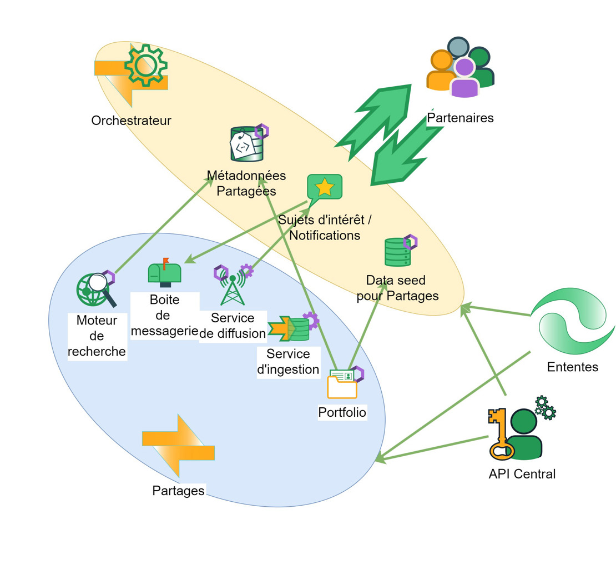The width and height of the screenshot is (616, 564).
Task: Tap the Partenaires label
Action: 460,118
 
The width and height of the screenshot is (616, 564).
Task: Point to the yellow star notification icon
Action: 325,188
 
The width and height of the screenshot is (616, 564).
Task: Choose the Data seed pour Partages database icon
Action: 397,252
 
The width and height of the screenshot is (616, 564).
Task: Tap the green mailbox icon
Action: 164,272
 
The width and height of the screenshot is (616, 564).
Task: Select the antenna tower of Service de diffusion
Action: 233,287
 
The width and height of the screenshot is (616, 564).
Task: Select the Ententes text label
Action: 573,367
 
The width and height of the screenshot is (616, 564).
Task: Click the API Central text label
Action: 522,474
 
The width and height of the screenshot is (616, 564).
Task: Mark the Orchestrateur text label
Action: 132,121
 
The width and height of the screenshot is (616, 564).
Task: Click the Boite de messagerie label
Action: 165,315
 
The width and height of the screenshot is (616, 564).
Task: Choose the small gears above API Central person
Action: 546,408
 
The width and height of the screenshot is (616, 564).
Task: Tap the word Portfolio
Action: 342,412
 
